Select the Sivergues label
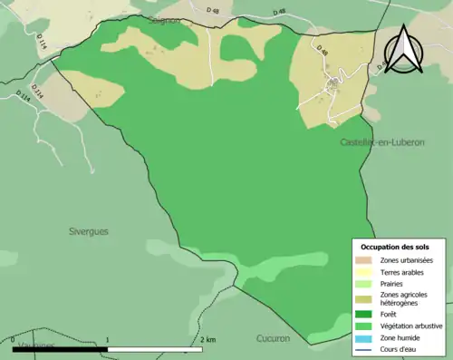pyautogui.click(x=89, y=231)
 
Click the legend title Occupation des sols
pyautogui.click(x=396, y=247)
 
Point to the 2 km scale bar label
pyautogui.click(x=207, y=339)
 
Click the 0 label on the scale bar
pyautogui.click(x=14, y=339)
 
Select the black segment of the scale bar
pyautogui.click(x=61, y=347)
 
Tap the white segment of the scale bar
pyautogui.click(x=155, y=347)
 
